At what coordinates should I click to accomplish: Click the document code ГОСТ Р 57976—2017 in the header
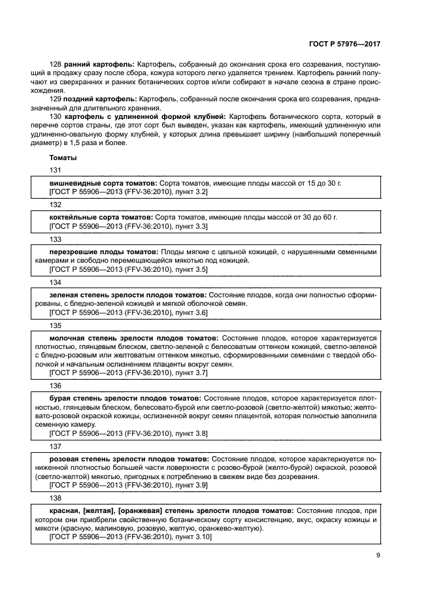(x=344, y=44)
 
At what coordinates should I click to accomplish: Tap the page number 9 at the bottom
(x=378, y=555)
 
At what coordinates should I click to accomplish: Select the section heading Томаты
(x=63, y=157)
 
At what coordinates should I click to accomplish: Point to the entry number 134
(x=56, y=282)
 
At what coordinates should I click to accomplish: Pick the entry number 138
(x=56, y=497)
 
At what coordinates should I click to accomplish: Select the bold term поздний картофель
(x=101, y=98)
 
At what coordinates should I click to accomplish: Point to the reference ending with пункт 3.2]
(x=128, y=192)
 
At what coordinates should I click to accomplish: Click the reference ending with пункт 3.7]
(x=128, y=372)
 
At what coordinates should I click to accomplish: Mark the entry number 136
(x=56, y=386)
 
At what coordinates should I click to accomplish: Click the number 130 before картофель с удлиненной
(x=56, y=115)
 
